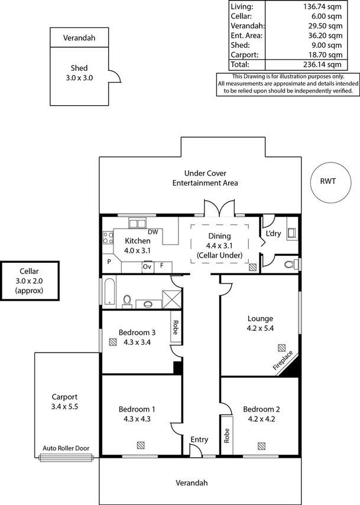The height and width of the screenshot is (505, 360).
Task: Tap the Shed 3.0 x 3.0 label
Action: point(79,73)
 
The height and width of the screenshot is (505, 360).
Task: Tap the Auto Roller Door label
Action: point(66,448)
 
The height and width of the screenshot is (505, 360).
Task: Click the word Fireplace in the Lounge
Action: point(282,361)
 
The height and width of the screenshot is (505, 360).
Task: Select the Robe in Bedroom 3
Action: point(175,327)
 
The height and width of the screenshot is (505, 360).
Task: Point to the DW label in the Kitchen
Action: point(153,232)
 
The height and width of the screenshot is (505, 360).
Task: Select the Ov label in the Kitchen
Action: point(147,266)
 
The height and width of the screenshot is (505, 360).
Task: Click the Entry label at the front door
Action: point(199,439)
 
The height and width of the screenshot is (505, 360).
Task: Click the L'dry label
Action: point(273,233)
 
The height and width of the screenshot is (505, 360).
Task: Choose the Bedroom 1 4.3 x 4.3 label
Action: point(137,414)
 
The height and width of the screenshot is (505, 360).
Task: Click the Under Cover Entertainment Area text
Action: point(205,178)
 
